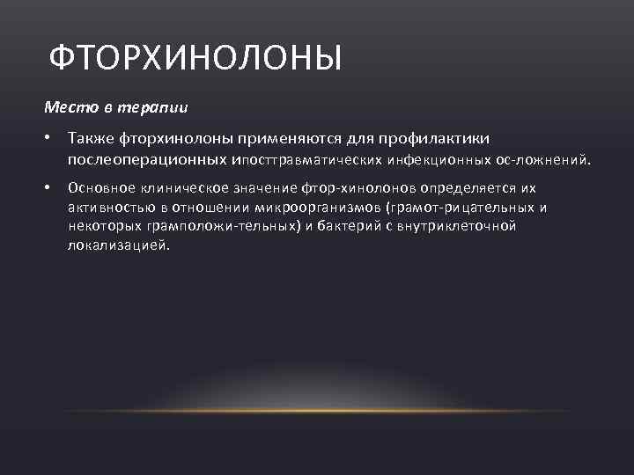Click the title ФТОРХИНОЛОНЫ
tap(194, 58)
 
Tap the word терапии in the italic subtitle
tap(160, 107)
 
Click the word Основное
tap(98, 188)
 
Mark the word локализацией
tap(117, 245)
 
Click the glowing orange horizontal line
tap(317, 410)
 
